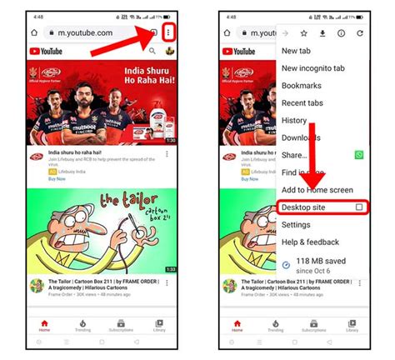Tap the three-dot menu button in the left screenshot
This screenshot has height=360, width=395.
[169, 32]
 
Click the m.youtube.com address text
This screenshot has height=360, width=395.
[83, 32]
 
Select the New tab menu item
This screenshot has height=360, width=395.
[296, 51]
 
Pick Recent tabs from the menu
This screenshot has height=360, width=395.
[303, 102]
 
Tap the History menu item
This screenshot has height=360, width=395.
[294, 120]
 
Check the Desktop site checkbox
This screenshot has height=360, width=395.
[358, 207]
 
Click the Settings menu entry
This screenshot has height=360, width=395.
[296, 224]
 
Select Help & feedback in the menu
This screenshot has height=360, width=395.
[311, 242]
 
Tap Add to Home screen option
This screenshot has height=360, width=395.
[316, 189]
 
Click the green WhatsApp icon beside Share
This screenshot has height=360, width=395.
[359, 155]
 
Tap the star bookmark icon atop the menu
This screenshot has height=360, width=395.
[304, 33]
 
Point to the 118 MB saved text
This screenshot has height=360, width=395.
[321, 261]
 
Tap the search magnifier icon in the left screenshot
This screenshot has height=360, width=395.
[152, 51]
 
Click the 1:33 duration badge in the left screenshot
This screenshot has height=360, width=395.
[169, 269]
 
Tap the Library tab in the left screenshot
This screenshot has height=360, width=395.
[158, 325]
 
